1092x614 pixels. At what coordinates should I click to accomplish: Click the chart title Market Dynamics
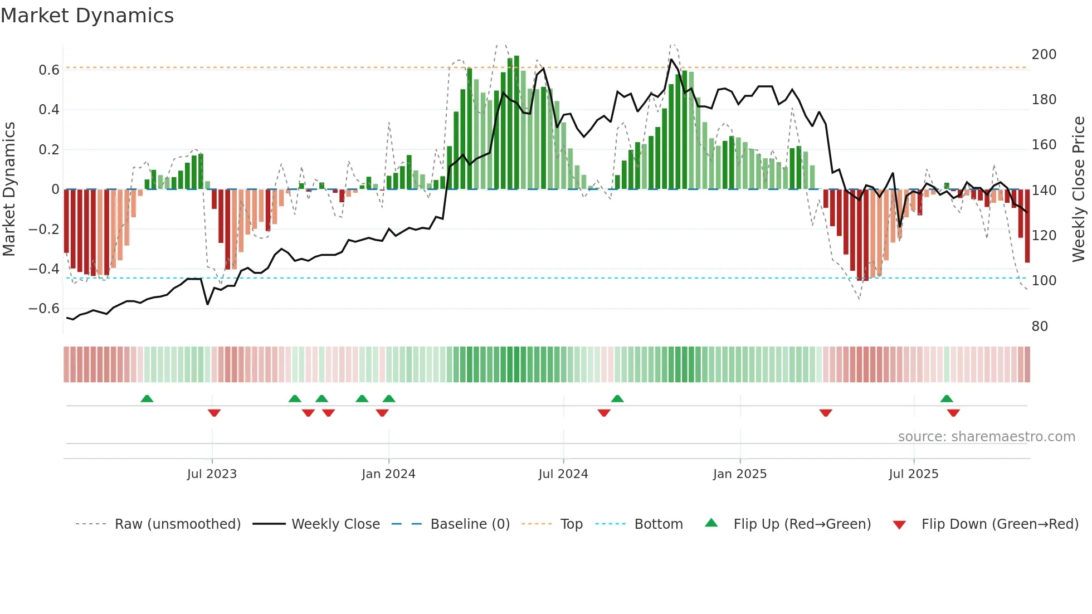pyautogui.click(x=87, y=16)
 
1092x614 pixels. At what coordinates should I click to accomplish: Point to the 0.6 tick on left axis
pyautogui.click(x=48, y=70)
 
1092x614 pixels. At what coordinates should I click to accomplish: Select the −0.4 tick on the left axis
pyautogui.click(x=43, y=269)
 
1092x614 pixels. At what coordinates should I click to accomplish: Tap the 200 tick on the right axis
pyautogui.click(x=1044, y=55)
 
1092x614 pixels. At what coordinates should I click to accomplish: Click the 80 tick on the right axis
pyautogui.click(x=1040, y=327)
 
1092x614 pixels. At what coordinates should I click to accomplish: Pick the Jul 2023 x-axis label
pyautogui.click(x=212, y=474)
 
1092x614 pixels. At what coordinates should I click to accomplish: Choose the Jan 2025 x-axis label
pyautogui.click(x=739, y=474)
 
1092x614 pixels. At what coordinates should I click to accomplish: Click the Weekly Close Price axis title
pyautogui.click(x=1079, y=189)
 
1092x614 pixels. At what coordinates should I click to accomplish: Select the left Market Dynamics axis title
pyautogui.click(x=9, y=189)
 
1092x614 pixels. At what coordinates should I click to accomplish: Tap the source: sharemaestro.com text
pyautogui.click(x=986, y=437)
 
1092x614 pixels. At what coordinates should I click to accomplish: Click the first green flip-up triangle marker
pyautogui.click(x=147, y=399)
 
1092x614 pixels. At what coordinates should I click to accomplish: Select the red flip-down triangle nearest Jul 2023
pyautogui.click(x=214, y=413)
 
